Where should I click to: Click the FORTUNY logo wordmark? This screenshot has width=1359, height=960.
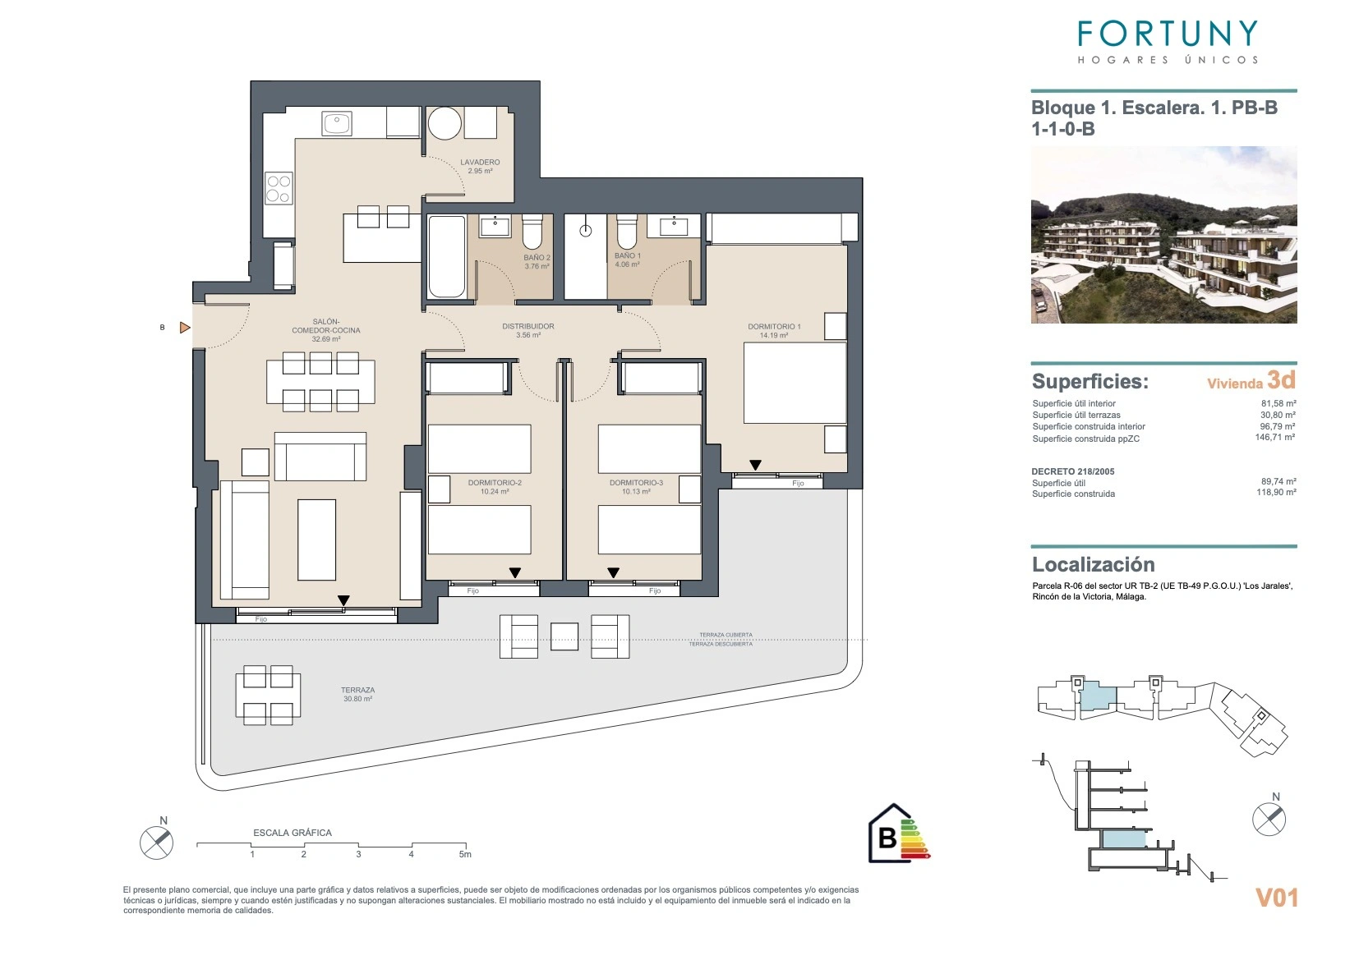tap(1168, 34)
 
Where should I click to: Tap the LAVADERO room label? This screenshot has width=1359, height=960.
tap(480, 162)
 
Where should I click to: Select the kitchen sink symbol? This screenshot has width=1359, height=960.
tap(337, 124)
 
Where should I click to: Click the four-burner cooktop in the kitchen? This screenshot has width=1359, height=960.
tap(279, 188)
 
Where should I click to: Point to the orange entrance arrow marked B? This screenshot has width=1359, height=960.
tap(185, 328)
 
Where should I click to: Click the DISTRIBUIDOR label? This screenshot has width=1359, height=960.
tap(527, 326)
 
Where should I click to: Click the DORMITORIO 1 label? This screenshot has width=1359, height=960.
tap(774, 326)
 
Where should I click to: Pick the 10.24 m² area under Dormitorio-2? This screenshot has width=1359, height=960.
tap(495, 492)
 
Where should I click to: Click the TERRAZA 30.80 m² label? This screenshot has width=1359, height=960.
tap(358, 695)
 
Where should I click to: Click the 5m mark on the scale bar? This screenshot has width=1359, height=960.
tap(465, 854)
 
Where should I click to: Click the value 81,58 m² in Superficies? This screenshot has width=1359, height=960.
tap(1278, 403)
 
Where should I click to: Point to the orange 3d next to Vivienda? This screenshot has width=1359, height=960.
tap(1281, 380)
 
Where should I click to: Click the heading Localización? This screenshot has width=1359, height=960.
tap(1094, 565)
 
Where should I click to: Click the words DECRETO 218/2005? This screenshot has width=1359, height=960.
tap(1072, 471)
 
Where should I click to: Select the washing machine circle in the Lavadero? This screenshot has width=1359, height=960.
tap(445, 124)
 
